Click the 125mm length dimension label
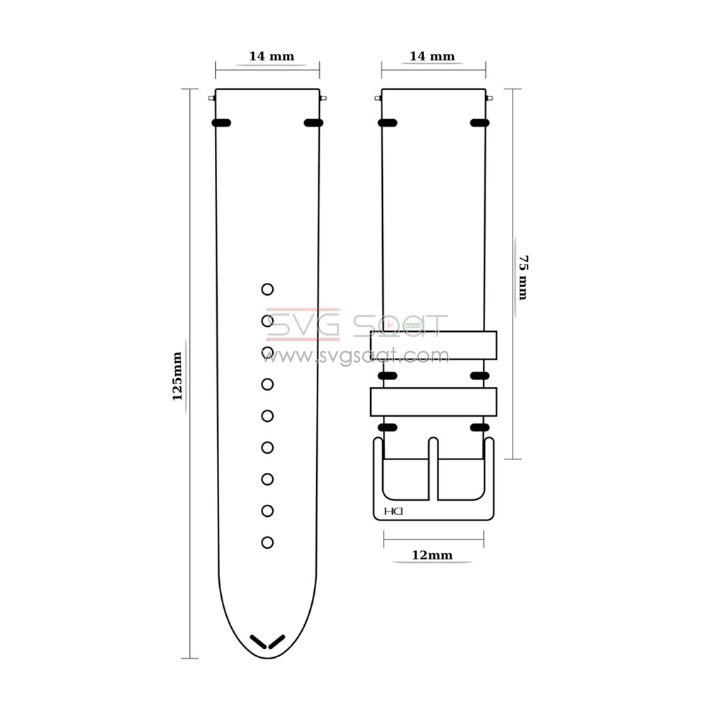pos(177,376)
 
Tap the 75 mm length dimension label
pos(523,277)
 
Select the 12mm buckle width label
pos(432,555)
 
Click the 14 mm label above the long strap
pos(272,56)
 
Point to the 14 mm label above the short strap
pos(432,56)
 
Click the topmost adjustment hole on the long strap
pos(267,289)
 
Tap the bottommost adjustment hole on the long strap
pos(267,542)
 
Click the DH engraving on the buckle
pos(393,511)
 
